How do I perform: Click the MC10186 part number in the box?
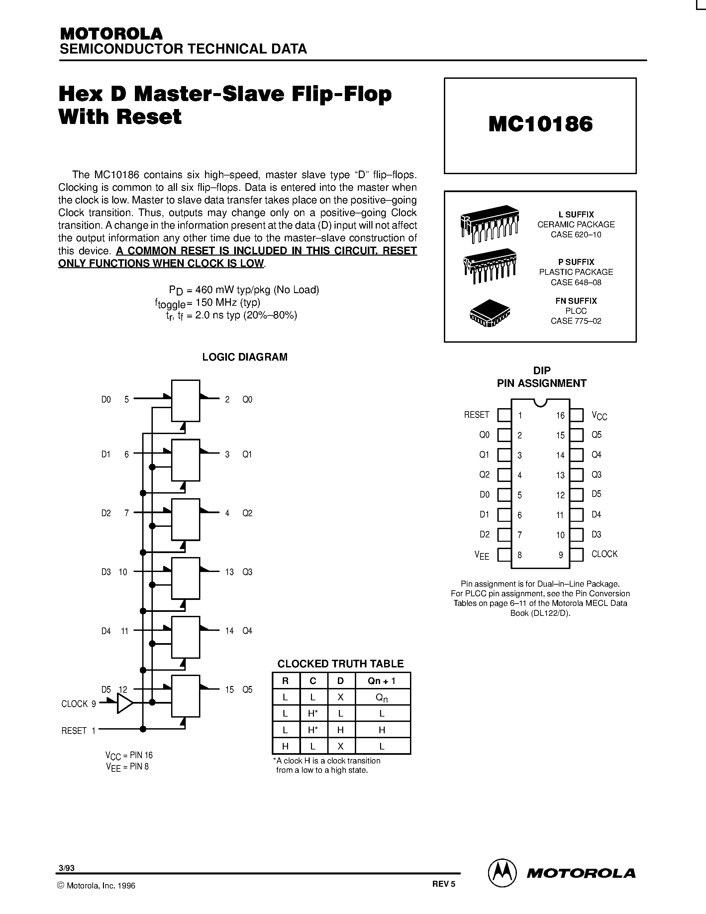[x=540, y=124]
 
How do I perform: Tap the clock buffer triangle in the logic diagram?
[x=125, y=704]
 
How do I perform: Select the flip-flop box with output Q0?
[x=186, y=400]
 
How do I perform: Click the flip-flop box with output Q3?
[x=186, y=578]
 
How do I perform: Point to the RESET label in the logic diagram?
[x=74, y=731]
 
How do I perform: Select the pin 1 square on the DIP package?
[x=504, y=415]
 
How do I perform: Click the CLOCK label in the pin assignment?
[x=604, y=554]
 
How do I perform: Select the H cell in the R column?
[x=286, y=746]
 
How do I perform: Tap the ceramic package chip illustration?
[x=489, y=223]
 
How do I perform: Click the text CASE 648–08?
[x=576, y=283]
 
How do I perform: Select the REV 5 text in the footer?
[x=443, y=884]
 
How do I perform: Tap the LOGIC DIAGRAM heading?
[x=245, y=357]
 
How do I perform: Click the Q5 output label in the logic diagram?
[x=247, y=690]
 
